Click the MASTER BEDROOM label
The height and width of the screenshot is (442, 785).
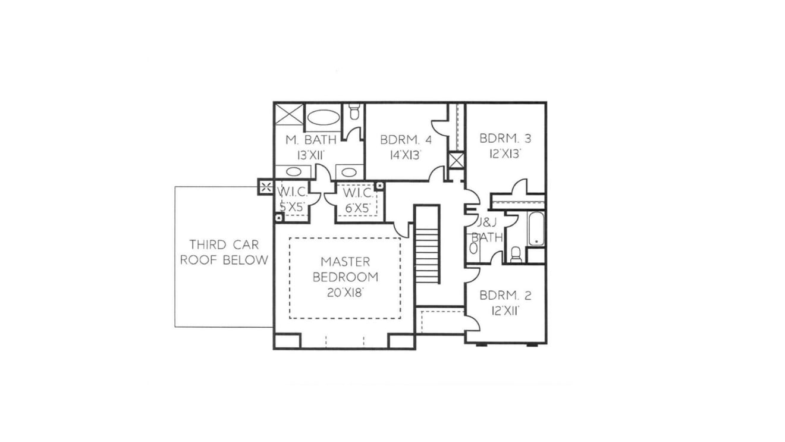(346, 269)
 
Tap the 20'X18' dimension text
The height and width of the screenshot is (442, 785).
(344, 293)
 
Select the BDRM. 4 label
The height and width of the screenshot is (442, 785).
(406, 140)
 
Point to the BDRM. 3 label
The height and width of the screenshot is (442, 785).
(505, 139)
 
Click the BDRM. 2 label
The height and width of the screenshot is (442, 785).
(505, 296)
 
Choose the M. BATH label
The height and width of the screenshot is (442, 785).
(311, 140)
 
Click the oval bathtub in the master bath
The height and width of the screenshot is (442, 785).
(323, 117)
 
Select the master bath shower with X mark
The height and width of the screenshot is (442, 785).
(289, 114)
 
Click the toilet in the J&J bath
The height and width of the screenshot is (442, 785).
(516, 255)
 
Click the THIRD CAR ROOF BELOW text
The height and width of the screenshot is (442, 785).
(224, 252)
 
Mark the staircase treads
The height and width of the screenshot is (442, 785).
(427, 255)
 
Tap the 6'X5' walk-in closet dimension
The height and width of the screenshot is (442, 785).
(358, 208)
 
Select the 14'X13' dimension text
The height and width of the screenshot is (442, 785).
(406, 155)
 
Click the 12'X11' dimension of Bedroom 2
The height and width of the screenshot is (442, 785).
(505, 311)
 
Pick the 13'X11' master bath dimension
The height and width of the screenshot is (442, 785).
(311, 155)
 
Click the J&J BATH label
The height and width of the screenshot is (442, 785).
(487, 230)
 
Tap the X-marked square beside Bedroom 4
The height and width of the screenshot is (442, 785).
(457, 161)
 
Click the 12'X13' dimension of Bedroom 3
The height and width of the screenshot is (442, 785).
(505, 154)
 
